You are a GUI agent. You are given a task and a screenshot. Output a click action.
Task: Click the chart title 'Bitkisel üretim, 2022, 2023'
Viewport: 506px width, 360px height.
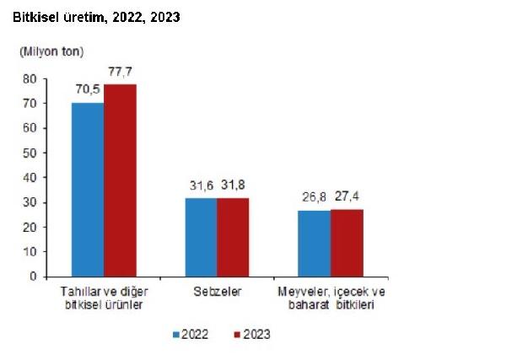pos(96,17)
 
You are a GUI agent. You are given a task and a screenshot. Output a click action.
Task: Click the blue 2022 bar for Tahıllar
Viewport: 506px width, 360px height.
pos(88,189)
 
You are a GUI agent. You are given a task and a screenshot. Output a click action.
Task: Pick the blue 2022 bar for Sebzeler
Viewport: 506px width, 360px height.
pos(201,237)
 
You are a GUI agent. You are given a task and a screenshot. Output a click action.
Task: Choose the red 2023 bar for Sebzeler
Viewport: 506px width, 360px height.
pos(233,237)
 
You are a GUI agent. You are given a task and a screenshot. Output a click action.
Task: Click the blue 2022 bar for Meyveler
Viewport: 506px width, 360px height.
pos(314,243)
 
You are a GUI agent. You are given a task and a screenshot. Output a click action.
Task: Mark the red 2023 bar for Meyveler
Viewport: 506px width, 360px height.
pos(347,242)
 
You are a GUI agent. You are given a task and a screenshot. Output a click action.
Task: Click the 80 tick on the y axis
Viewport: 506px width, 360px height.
pos(29,78)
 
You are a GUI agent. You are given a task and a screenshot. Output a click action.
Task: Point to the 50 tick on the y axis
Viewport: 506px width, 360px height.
pos(29,153)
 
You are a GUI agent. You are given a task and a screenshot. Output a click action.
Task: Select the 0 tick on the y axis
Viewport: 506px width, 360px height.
pos(32,277)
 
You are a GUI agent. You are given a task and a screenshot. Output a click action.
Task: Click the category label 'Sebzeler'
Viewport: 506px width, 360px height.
pos(217,292)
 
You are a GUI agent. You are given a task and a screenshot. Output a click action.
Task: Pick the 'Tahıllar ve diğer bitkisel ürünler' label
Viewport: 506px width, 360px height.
pos(104,298)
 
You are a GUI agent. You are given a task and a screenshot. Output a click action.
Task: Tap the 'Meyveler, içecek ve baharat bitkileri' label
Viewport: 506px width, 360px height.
pos(331,298)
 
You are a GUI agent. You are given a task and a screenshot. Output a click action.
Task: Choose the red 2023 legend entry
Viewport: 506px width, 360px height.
pos(250,334)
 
